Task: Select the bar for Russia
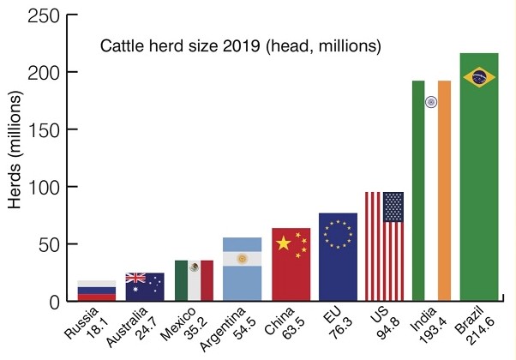[x=96, y=291]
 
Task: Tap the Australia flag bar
[x=144, y=287]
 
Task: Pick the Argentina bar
[x=242, y=269]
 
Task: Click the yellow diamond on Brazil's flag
[x=478, y=77]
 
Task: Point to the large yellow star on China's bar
[x=283, y=243]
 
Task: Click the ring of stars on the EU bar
[x=338, y=234]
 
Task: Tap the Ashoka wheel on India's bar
[x=431, y=102]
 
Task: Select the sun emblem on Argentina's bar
[x=242, y=259]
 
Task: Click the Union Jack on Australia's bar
[x=135, y=278]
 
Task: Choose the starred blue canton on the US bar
[x=393, y=207]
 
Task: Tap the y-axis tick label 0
[x=53, y=302]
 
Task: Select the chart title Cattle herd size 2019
[x=241, y=45]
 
